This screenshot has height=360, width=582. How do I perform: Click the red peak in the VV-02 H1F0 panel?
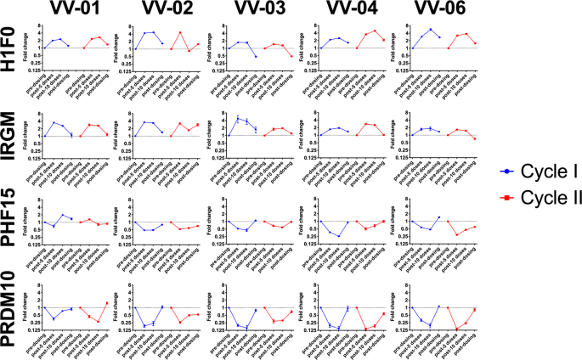click(180, 32)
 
